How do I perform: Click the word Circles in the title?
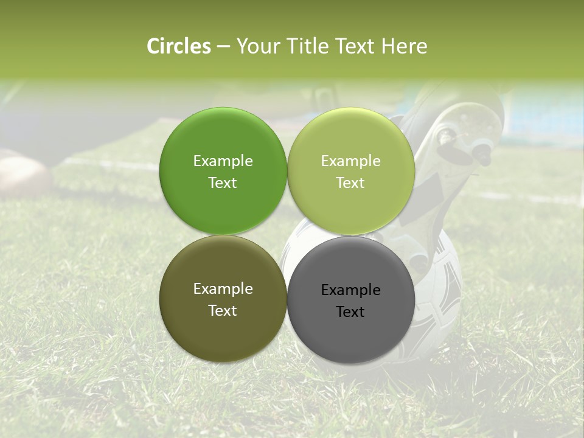pos(179,46)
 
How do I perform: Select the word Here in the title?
pos(405,46)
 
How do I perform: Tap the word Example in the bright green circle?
pos(223,161)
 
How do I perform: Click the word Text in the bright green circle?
pos(223,183)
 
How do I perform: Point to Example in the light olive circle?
pos(350,161)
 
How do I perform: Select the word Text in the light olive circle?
pos(350,183)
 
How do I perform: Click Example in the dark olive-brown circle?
pos(223,289)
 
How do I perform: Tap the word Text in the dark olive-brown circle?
pos(223,311)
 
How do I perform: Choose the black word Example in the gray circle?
pos(350,290)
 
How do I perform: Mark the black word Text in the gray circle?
pos(350,312)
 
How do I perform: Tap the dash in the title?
pos(223,47)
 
